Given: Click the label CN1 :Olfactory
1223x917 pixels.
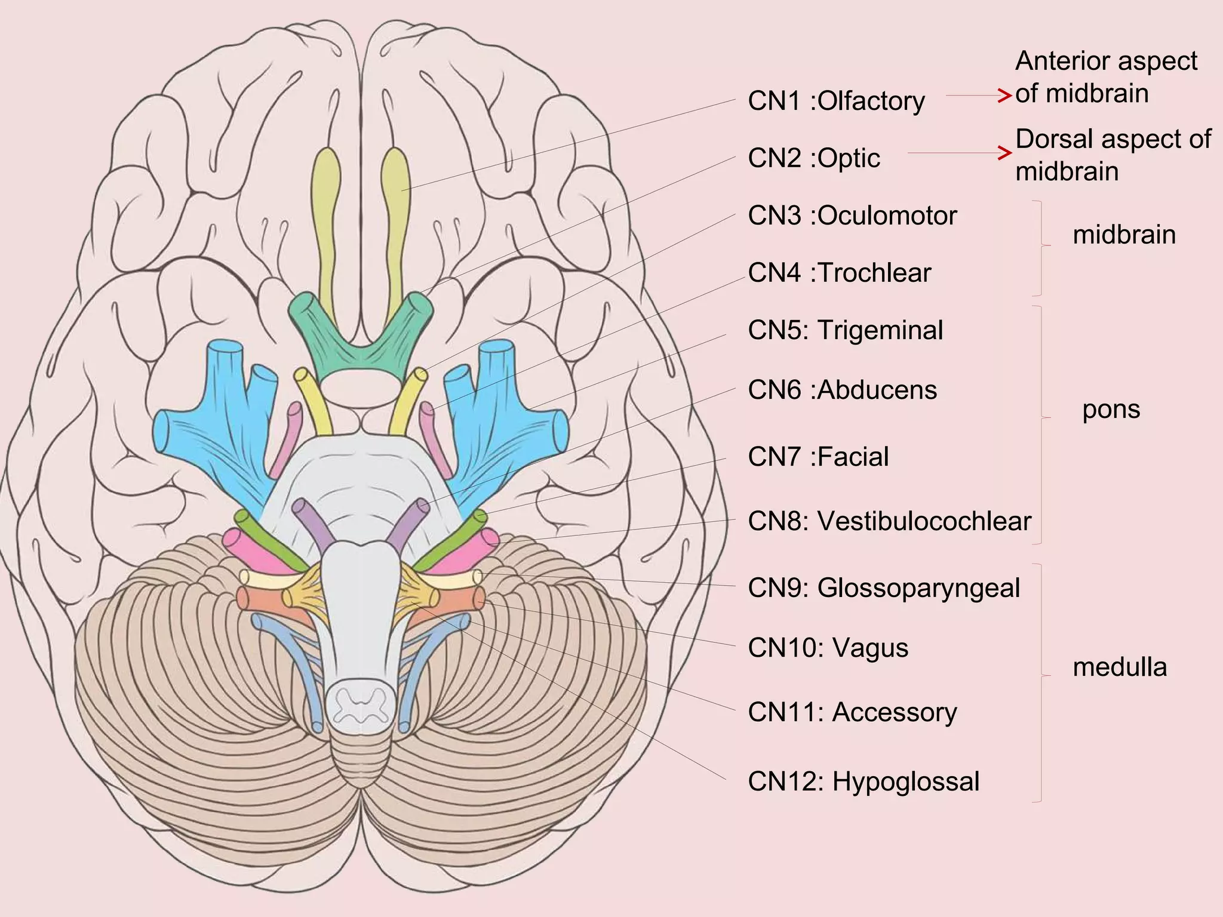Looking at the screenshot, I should coord(836,101).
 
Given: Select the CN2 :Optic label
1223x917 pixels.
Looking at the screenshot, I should coord(814,159).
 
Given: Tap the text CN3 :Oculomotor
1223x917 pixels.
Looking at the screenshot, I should coord(852,216).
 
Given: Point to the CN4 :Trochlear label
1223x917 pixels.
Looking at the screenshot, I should coord(839,273).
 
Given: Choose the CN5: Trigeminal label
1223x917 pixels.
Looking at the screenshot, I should coord(845,331).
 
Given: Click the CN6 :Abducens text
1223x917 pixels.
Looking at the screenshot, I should coord(842,390).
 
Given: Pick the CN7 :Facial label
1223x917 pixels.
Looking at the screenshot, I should coord(818,457).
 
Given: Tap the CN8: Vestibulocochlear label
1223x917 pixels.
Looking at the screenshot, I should coord(889,522).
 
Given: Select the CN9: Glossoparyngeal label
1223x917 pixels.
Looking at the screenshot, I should coord(884,589).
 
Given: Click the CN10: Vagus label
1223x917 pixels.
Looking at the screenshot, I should coord(828,648).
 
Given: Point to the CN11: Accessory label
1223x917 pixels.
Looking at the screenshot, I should coord(852,713).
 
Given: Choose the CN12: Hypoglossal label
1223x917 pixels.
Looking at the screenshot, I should coord(864,782).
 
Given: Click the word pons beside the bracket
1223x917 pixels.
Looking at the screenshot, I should coord(1111,410).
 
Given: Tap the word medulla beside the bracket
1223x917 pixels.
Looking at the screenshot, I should coord(1120,667).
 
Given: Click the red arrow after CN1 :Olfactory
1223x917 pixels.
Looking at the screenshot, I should coord(979,96).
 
